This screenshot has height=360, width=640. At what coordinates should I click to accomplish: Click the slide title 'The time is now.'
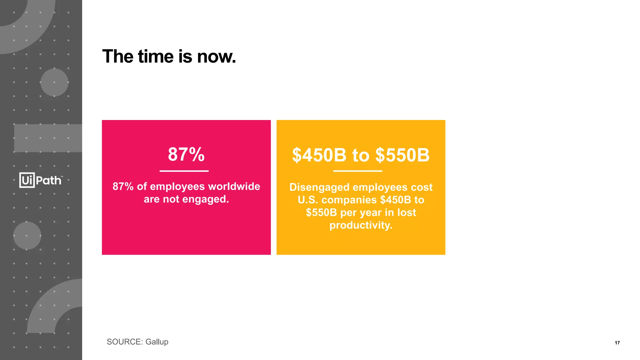click(169, 57)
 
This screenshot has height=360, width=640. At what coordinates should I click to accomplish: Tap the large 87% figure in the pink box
click(186, 154)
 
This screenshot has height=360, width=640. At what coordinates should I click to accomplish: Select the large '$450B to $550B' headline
click(361, 155)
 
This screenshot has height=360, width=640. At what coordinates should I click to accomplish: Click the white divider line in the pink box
click(184, 171)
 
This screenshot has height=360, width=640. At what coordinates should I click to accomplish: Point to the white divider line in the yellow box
click(357, 171)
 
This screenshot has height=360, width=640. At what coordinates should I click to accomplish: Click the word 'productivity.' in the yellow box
click(361, 225)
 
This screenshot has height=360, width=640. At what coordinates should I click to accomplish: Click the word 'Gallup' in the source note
click(157, 342)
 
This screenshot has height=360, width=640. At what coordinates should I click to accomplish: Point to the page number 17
click(617, 343)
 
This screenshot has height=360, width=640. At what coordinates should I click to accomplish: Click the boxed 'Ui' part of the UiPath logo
click(27, 180)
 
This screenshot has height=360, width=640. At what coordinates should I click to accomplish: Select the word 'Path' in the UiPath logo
click(49, 181)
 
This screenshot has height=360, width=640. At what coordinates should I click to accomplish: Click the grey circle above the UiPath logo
click(54, 82)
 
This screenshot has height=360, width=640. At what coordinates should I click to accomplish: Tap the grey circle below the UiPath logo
click(27, 236)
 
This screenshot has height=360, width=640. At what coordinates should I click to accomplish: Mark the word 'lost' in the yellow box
click(407, 212)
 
